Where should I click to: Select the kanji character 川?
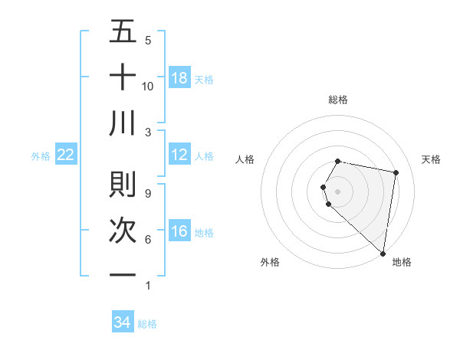click(123, 123)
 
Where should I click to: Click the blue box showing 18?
click(179, 77)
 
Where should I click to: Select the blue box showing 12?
click(179, 155)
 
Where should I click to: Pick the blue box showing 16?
click(179, 231)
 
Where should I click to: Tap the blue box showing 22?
click(66, 155)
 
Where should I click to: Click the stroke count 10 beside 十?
click(148, 86)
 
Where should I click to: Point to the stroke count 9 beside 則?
click(148, 193)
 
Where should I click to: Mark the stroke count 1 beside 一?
click(148, 286)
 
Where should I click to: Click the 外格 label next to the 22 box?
click(41, 155)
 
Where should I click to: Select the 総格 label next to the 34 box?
click(148, 324)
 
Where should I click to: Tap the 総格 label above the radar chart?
click(338, 100)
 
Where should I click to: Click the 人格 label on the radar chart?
click(245, 159)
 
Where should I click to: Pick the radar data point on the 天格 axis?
click(396, 173)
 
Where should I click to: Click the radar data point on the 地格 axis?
click(383, 253)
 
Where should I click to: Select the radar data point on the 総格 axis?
click(338, 161)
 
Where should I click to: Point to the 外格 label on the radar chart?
click(270, 262)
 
